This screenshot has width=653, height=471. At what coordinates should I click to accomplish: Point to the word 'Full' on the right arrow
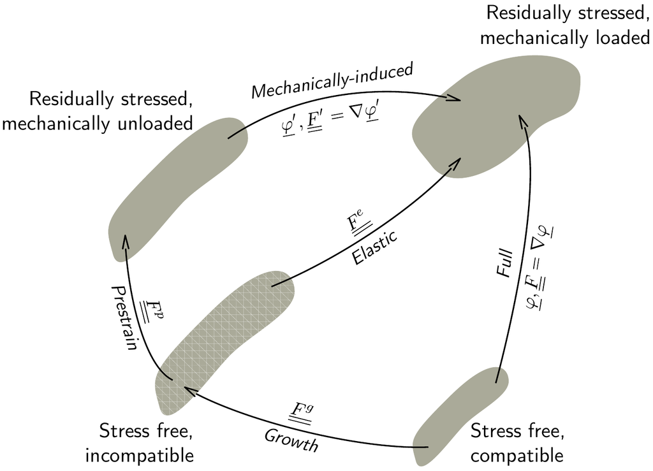click(x=504, y=262)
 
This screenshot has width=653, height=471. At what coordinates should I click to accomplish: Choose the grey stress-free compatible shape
click(x=459, y=411)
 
